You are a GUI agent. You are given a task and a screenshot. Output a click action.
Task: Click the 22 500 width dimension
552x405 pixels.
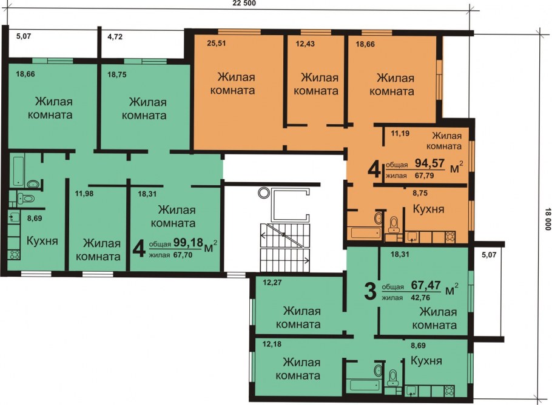244,4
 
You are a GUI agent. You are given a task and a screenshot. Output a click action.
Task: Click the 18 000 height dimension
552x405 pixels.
547,219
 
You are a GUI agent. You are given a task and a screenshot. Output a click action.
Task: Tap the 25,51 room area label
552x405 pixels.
216,44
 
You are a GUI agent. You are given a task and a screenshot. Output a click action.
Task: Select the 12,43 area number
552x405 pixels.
305,44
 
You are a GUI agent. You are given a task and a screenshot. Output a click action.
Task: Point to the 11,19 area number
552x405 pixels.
400,133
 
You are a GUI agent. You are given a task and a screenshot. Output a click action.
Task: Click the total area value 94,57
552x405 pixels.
429,163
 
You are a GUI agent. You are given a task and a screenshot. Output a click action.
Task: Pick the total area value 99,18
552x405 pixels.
188,242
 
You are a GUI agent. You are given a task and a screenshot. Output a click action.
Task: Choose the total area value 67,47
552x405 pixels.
426,285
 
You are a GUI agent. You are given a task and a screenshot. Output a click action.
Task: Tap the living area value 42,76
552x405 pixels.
420,297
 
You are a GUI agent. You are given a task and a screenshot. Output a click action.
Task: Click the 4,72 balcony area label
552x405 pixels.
115,36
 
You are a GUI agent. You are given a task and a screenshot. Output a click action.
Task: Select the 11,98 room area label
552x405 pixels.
84,193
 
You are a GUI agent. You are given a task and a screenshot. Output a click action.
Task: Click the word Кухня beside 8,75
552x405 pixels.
428,209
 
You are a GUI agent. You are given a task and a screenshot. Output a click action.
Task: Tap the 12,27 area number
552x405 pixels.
272,282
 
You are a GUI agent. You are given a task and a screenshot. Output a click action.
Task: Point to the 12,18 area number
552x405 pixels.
272,344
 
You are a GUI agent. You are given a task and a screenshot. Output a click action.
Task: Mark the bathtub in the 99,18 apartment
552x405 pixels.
18,171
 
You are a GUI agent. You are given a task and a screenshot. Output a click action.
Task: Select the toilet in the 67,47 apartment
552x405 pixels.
392,378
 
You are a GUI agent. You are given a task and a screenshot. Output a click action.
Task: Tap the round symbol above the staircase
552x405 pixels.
263,193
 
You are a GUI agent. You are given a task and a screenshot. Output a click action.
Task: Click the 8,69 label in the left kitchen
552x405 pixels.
35,218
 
